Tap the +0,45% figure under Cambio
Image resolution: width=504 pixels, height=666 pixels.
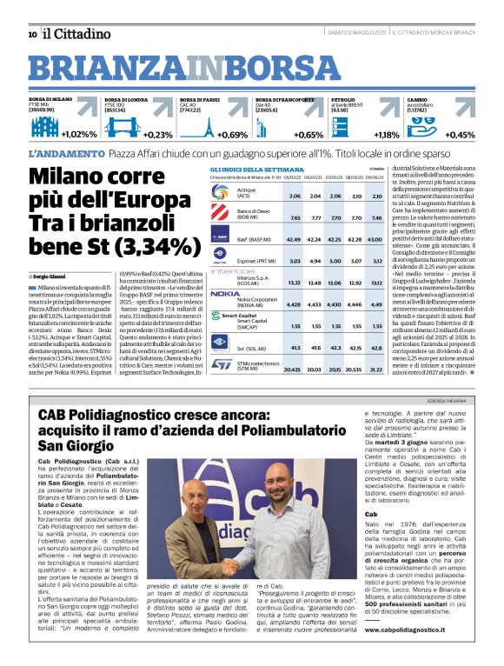coord(460,135)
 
